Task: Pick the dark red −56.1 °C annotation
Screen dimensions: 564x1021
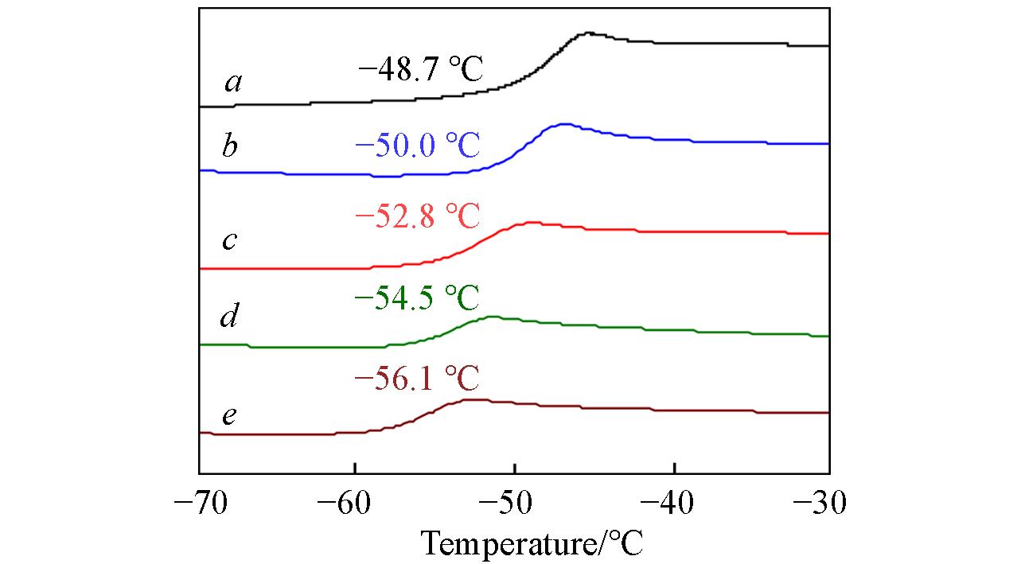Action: [416, 379]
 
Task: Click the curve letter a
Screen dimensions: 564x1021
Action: [233, 82]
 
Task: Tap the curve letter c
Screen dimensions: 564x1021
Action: [229, 241]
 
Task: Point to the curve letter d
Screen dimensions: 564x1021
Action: [229, 317]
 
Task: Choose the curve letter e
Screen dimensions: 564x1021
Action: [229, 416]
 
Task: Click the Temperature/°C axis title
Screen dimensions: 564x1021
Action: [532, 544]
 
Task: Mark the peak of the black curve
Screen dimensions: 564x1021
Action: [589, 33]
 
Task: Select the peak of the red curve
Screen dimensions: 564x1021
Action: [528, 224]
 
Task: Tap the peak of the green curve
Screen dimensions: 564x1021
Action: [492, 317]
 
